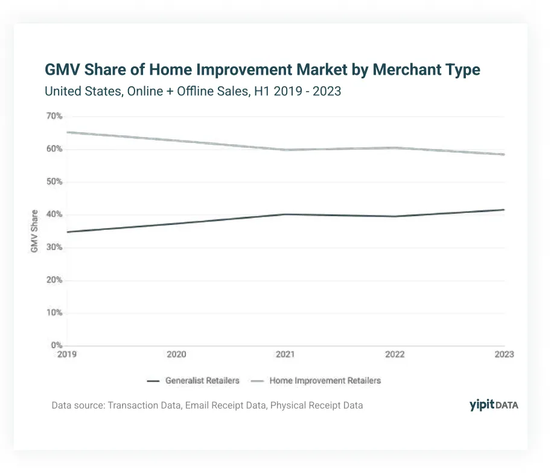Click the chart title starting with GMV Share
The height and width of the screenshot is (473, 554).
pyautogui.click(x=262, y=69)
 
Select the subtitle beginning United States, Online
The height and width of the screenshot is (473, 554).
pyautogui.click(x=193, y=91)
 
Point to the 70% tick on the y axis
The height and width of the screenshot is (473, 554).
pyautogui.click(x=54, y=116)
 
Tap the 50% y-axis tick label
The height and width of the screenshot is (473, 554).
pyautogui.click(x=54, y=182)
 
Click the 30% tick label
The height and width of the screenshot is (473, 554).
pyautogui.click(x=54, y=247)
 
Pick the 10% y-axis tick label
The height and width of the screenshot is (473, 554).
pyautogui.click(x=54, y=313)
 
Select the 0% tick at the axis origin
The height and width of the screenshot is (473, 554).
pyautogui.click(x=57, y=345)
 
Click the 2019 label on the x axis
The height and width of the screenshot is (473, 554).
pyautogui.click(x=67, y=354)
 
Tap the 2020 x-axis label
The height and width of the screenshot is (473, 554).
pyautogui.click(x=176, y=354)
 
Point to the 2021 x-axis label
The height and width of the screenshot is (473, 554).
pyautogui.click(x=285, y=354)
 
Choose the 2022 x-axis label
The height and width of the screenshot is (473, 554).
pyautogui.click(x=395, y=354)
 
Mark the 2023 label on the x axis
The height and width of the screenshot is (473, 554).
pyautogui.click(x=504, y=354)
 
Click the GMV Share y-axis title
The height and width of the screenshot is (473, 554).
pyautogui.click(x=34, y=231)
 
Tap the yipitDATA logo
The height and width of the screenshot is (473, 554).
pyautogui.click(x=494, y=405)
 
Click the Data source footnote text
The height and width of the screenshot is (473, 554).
pyautogui.click(x=207, y=405)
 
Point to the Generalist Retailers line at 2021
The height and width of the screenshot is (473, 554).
pyautogui.click(x=285, y=214)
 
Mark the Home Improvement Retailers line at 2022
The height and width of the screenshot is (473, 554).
pyautogui.click(x=395, y=148)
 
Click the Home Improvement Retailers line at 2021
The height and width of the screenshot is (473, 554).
pyautogui.click(x=285, y=150)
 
